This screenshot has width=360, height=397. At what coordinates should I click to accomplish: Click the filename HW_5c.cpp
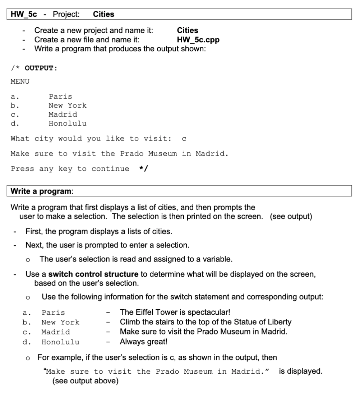click(x=198, y=40)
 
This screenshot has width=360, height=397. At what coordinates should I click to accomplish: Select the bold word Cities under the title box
click(x=188, y=31)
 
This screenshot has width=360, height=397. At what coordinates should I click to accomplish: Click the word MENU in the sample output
click(x=20, y=82)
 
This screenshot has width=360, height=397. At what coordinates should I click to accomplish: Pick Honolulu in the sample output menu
click(x=68, y=124)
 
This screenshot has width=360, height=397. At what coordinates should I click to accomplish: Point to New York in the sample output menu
click(x=68, y=106)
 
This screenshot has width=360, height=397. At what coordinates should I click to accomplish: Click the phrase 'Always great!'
click(x=143, y=342)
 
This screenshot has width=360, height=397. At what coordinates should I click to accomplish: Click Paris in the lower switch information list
click(x=53, y=313)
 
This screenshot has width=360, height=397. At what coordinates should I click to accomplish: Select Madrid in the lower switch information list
click(x=56, y=332)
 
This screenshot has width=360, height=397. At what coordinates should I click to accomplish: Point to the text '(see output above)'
click(x=86, y=381)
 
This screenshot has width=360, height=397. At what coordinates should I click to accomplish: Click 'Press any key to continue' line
click(x=70, y=169)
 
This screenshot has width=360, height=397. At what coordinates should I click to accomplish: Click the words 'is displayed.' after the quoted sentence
click(x=300, y=371)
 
